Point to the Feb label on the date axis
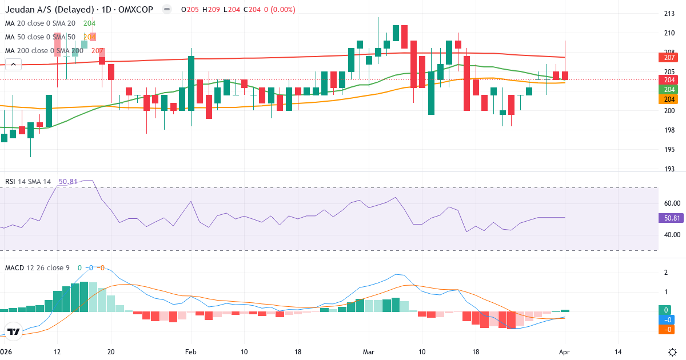coord(191,352)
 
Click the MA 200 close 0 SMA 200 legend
coord(45,51)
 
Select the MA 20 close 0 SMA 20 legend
coord(40,23)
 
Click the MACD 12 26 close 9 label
coord(38,267)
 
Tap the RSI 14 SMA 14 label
coord(28,182)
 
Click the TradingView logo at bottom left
coord(14,331)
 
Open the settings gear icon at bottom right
coord(672,351)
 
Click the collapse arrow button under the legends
coord(13,65)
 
